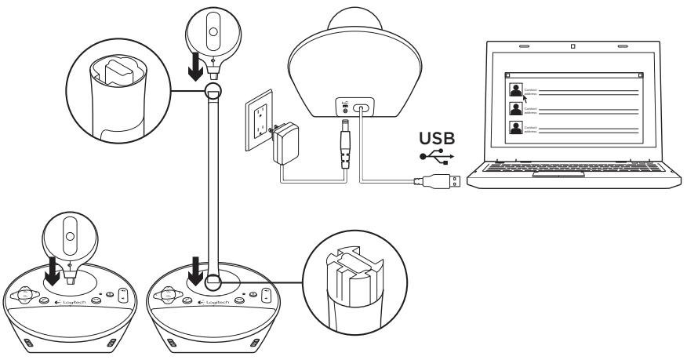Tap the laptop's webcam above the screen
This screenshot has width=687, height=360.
point(573,46)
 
